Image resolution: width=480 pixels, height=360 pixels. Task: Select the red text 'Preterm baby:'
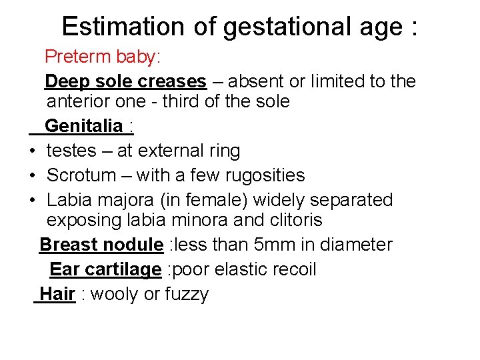[x=102, y=57]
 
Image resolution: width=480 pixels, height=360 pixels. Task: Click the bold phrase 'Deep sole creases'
[x=125, y=82]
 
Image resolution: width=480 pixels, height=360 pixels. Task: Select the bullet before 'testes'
[x=32, y=151]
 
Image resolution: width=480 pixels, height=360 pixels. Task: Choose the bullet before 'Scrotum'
[x=32, y=176]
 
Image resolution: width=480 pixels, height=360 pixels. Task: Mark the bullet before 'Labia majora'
[x=32, y=200]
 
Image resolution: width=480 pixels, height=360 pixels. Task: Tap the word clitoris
[x=298, y=221]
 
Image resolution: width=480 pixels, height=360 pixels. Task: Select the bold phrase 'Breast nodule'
[x=101, y=245]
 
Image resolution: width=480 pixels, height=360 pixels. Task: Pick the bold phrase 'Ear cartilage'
[x=105, y=269]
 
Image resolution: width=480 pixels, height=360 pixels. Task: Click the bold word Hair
[x=57, y=294]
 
